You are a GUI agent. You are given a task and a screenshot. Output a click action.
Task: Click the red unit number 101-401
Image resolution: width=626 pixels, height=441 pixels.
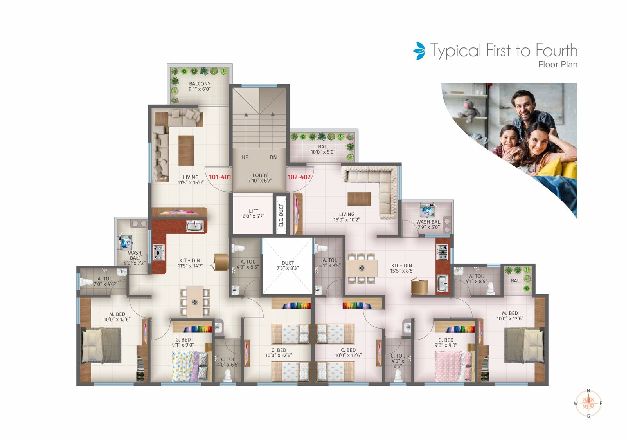[220, 177]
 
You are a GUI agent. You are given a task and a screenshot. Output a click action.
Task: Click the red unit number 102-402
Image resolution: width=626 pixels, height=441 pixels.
[299, 177]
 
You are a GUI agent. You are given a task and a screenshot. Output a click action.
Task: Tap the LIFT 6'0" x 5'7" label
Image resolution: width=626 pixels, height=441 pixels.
[254, 213]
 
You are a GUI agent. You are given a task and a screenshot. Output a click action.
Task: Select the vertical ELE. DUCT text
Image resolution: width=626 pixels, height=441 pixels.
[281, 215]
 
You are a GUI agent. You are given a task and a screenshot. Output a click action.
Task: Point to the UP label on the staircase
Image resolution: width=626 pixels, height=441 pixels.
[245, 157]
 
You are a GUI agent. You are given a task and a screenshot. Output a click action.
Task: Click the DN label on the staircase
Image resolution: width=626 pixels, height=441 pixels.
[273, 157]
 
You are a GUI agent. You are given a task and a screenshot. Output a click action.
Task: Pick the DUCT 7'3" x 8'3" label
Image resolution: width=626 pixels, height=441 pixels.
[288, 266]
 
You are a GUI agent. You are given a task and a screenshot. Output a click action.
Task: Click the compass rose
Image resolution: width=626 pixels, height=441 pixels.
[588, 403]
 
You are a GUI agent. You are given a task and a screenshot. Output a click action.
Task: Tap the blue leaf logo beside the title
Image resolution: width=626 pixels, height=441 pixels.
[419, 51]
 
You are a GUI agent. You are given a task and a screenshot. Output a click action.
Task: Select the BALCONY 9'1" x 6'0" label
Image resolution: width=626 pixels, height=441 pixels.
[200, 87]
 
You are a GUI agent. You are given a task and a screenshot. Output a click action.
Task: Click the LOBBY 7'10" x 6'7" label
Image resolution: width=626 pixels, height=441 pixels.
[260, 178]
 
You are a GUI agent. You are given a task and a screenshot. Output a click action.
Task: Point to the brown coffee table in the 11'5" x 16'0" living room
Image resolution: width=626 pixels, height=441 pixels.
[186, 150]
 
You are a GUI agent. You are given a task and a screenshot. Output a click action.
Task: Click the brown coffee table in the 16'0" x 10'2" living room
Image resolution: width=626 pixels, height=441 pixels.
[359, 199]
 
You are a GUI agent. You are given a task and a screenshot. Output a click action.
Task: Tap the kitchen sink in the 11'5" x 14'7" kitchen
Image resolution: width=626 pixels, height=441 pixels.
[195, 226]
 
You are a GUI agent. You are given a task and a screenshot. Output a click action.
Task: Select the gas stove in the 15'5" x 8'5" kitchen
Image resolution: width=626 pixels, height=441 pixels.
[443, 252]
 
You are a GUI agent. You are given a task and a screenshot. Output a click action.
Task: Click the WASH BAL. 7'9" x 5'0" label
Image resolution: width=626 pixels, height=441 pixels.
[429, 224]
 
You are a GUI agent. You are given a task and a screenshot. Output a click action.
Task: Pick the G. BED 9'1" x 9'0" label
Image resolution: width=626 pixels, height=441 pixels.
[183, 342]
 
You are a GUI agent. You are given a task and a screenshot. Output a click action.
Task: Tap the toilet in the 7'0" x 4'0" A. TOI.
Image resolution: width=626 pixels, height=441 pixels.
[86, 282]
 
